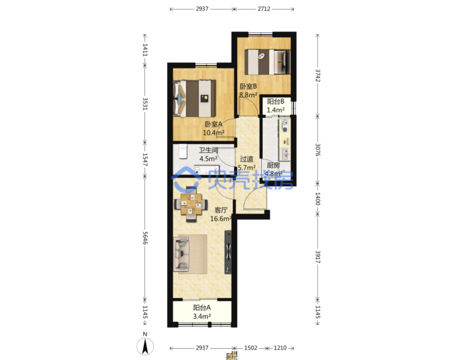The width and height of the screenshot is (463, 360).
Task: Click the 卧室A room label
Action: coord(213,124)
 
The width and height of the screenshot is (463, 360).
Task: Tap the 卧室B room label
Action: coord(248,87)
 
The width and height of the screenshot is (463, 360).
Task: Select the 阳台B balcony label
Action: coord(275,102)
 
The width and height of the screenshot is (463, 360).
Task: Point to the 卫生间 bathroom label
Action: coord(208,150)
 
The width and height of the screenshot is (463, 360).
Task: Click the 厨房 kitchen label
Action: coord(273,165)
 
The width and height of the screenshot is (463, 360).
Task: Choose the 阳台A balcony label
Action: coord(202,308)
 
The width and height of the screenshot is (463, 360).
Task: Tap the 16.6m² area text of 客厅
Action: coord(221,219)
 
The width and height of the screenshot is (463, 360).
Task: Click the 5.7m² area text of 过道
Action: coord(247,168)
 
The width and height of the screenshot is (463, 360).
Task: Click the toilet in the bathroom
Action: coord(183,151)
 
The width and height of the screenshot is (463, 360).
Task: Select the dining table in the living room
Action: coord(191,204)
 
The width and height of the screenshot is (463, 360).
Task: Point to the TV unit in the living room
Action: coord(228,252)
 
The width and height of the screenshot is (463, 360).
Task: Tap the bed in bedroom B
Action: coord(268,62)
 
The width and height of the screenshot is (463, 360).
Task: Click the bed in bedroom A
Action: coord(194,99)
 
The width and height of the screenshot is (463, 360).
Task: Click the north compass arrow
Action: coord(145,346)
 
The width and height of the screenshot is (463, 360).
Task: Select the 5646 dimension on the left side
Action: coord(145,238)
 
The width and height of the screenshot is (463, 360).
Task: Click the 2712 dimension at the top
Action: coord(264,9)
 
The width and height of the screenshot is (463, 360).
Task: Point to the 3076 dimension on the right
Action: coord(318,150)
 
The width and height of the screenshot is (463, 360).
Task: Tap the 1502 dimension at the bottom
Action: coord(251,348)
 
